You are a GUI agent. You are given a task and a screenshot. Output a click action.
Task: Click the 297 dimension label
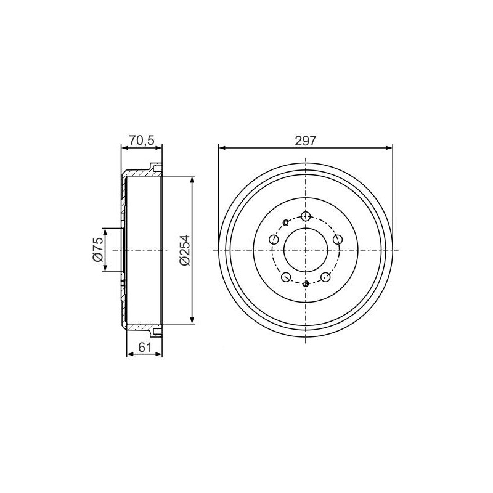pos(305,141)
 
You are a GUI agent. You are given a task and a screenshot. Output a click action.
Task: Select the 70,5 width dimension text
pos(142,141)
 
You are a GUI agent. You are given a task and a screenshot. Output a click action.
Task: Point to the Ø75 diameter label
pos(97,250)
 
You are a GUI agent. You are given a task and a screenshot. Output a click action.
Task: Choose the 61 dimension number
pos(145,348)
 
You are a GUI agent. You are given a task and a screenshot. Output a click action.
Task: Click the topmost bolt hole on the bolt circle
pos(306,216)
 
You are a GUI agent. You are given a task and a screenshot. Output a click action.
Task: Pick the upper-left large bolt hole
pos(274,239)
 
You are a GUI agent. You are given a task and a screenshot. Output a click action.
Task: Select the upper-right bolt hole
pos(337,240)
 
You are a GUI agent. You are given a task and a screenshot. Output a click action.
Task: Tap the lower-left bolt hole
pos(286,277)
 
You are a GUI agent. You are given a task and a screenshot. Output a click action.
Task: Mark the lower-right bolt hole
pos(325,277)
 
